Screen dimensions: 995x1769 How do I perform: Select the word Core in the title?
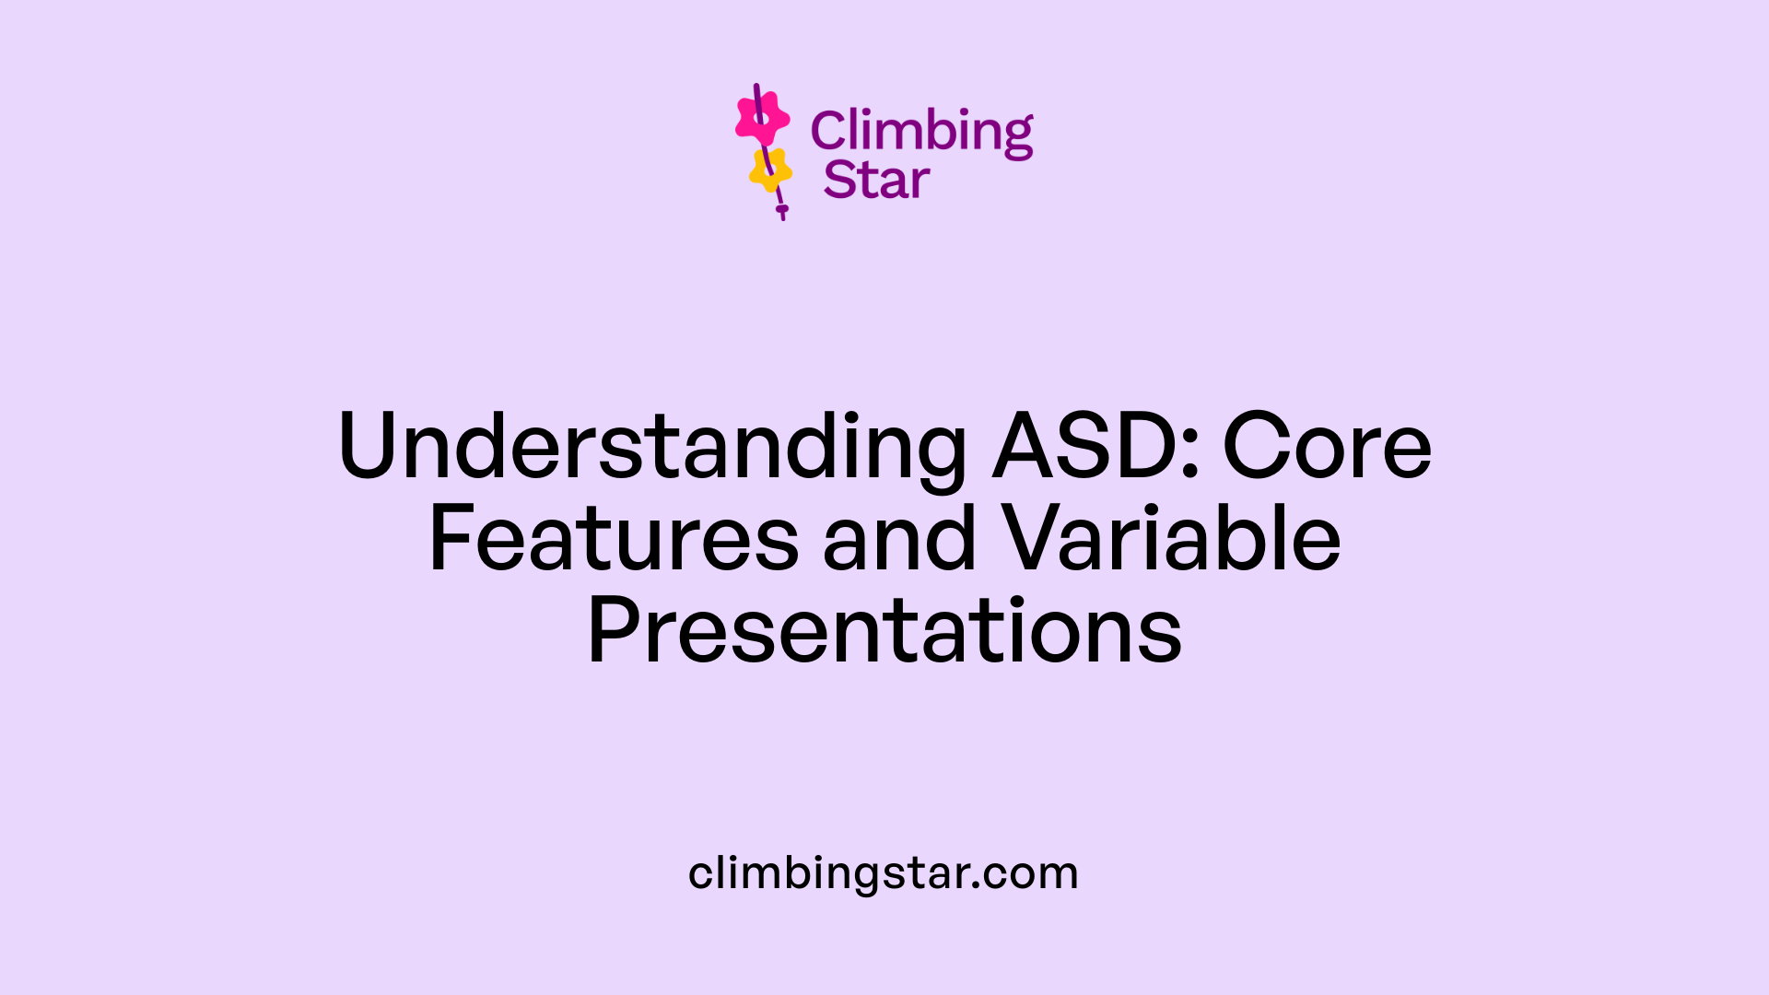point(1327,447)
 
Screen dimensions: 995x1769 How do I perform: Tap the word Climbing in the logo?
point(921,132)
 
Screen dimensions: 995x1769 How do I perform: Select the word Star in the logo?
point(876,180)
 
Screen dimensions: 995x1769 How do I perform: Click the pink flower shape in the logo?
point(762,118)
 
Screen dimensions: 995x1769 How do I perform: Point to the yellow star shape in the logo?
point(770,170)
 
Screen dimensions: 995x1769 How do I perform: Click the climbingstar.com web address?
point(883,872)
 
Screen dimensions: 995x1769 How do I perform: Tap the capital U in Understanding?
point(370,447)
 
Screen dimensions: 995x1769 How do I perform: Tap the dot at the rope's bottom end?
point(782,210)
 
